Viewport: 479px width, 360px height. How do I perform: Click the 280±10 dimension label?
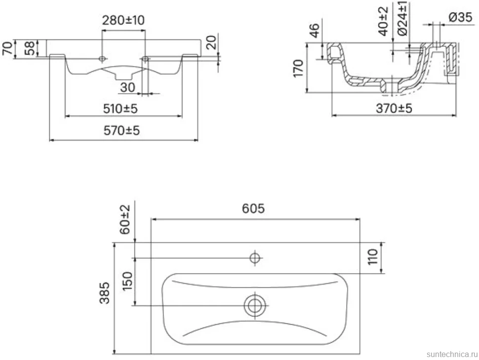(123, 20)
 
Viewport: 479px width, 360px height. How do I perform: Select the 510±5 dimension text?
(120, 109)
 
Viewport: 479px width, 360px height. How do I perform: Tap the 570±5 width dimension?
(121, 131)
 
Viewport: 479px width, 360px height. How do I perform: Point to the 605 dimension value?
(253, 209)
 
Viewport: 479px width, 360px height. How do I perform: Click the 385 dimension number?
(105, 293)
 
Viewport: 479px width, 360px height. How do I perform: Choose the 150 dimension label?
(127, 281)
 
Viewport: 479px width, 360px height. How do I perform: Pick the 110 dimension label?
(373, 257)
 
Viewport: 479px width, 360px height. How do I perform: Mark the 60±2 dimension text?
(125, 220)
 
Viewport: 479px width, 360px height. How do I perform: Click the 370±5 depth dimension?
(394, 108)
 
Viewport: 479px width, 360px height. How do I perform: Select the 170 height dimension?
(298, 69)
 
